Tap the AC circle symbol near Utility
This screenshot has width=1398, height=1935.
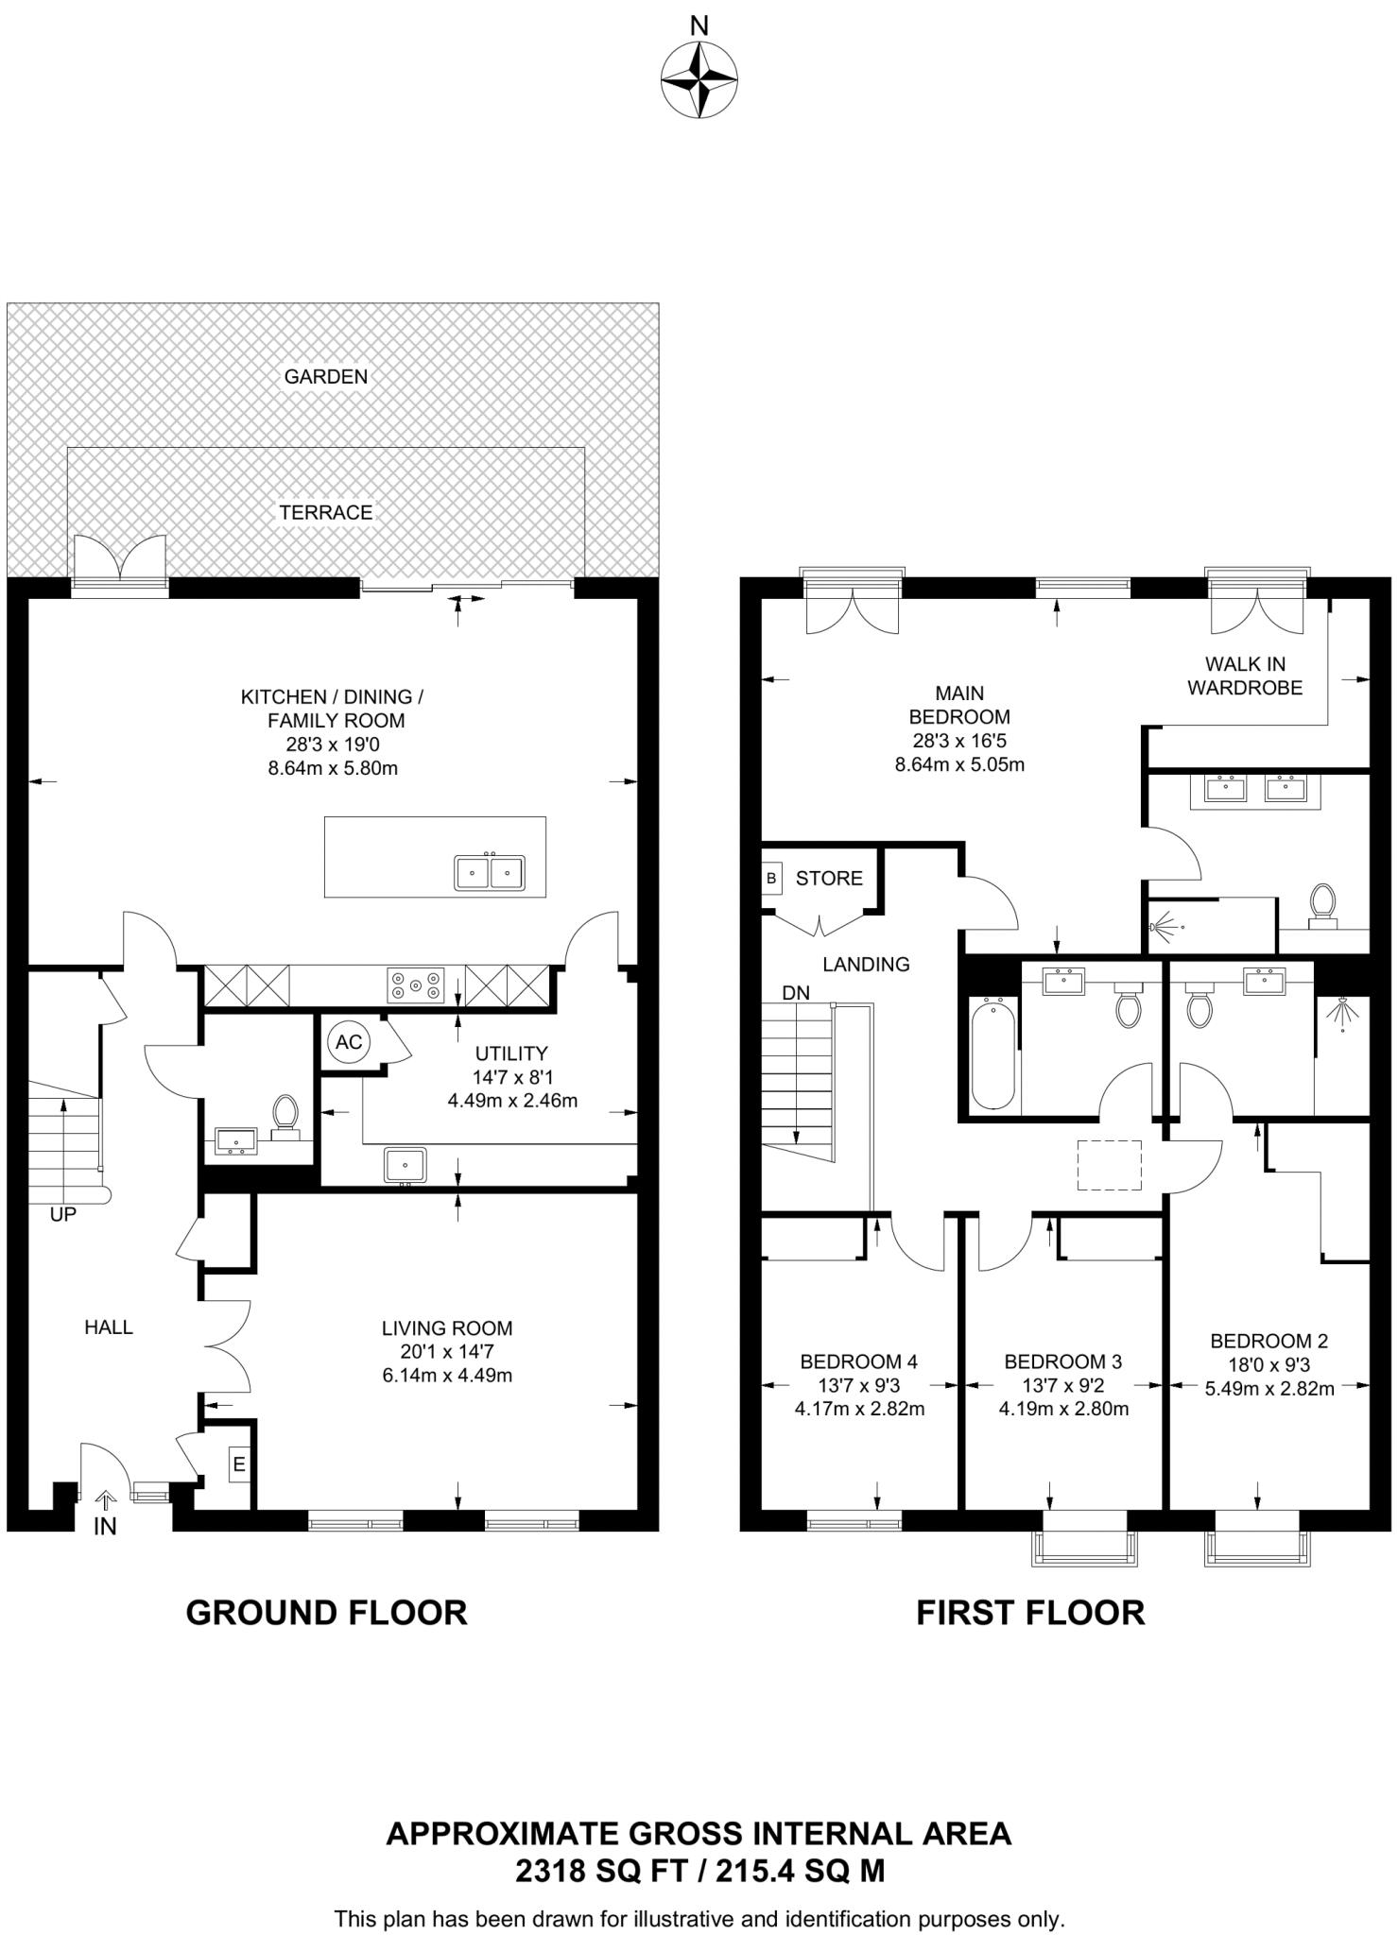349,1042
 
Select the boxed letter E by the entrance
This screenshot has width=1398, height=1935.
239,1465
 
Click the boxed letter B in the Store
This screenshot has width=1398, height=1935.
771,878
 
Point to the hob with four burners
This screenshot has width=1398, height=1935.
416,985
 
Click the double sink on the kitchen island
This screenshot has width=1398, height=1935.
490,871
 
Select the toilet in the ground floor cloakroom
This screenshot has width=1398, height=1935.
285,1114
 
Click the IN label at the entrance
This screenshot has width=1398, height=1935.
105,1526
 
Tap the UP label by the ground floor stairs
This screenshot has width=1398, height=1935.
62,1215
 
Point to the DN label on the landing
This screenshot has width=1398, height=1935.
796,993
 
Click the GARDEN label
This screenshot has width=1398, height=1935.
326,376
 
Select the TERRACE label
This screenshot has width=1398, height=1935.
326,512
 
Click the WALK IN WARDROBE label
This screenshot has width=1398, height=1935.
1245,676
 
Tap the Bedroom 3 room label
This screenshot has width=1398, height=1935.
1063,1361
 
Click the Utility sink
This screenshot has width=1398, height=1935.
406,1165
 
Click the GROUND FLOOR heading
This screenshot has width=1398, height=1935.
327,1612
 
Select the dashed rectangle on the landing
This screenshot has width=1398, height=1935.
1110,1165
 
